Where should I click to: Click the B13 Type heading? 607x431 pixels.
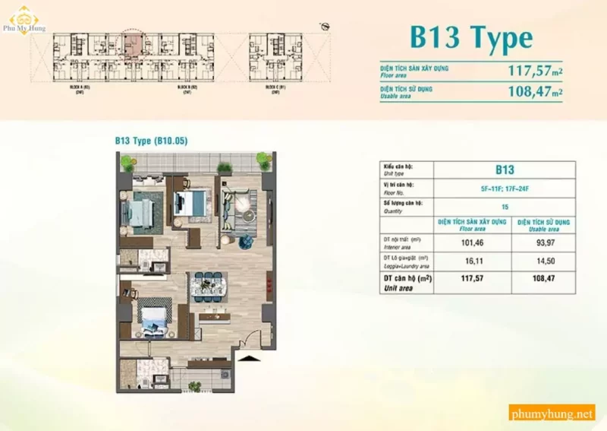470,36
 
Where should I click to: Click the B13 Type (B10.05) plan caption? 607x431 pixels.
151,141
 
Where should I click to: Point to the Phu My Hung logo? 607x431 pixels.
23,18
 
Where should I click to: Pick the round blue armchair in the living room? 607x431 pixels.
247,242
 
